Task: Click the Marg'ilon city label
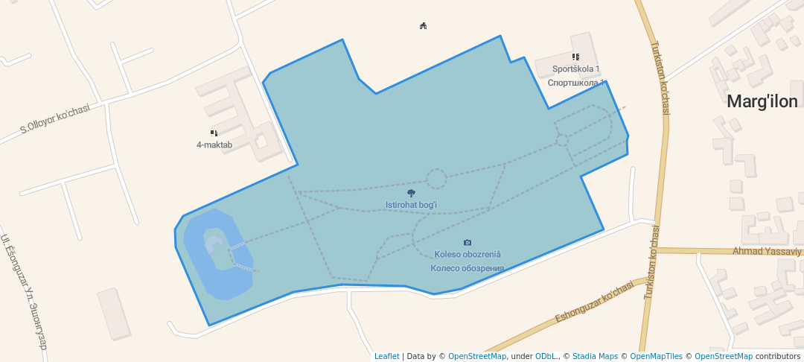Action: coord(762,102)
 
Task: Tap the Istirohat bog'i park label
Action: coord(411,205)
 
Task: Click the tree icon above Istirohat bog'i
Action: coord(411,194)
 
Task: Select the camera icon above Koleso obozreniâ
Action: coord(468,243)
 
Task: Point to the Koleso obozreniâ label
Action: coord(468,255)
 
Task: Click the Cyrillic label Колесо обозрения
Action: coord(468,268)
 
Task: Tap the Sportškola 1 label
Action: coord(575,69)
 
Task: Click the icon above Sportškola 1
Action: coord(575,57)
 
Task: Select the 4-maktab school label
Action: coord(214,145)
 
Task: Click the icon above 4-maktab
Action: coord(214,133)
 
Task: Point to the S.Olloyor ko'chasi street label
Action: coord(55,119)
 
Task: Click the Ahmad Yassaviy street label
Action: coord(767,251)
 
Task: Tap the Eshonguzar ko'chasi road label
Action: coord(593,302)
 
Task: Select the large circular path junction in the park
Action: coord(436,179)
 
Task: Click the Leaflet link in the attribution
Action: coord(386,356)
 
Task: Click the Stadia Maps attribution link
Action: coord(595,356)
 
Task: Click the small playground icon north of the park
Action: coord(423,26)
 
